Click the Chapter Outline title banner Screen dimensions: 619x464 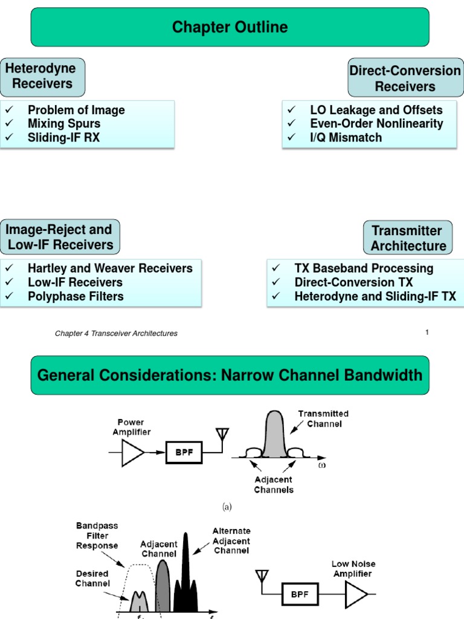point(230,27)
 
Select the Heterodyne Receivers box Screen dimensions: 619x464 point(42,77)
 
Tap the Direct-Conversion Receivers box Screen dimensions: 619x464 point(405,79)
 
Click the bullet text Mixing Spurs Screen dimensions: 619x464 point(64,124)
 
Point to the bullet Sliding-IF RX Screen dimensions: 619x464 point(63,138)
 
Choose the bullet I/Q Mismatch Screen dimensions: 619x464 point(346,138)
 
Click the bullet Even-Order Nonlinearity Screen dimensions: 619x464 point(376,124)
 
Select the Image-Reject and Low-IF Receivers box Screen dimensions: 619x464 point(59,238)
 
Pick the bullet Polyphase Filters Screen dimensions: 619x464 point(76,296)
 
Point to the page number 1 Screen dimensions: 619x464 point(427,332)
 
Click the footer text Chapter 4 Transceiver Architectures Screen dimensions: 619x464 point(116,334)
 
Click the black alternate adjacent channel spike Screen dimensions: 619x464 point(185,574)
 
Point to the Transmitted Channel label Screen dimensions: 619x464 point(323,418)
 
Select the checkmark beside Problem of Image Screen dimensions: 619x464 point(8,110)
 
